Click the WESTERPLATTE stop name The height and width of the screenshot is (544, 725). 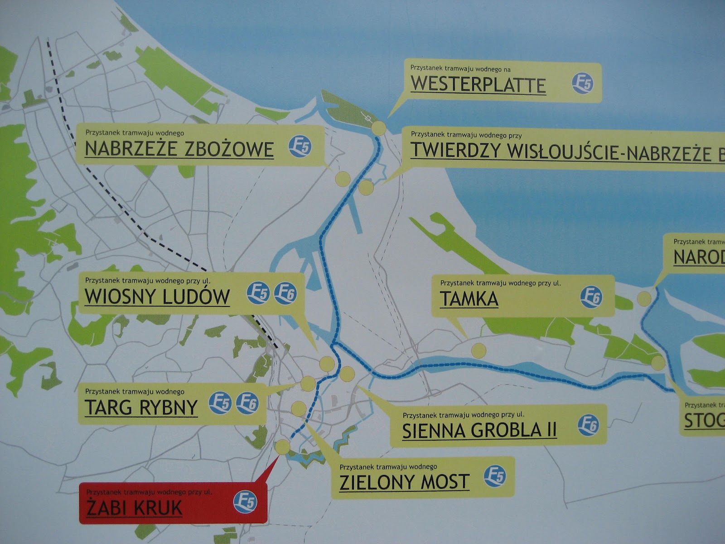[478, 85]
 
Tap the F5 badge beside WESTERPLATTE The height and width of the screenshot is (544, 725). [582, 83]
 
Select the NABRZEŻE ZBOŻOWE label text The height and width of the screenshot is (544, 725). [179, 149]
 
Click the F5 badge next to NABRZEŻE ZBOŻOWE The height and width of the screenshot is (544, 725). [300, 146]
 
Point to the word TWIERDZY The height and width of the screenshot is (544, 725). [456, 151]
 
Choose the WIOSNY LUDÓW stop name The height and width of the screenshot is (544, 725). [157, 296]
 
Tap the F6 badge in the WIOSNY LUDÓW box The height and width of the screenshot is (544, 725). [285, 293]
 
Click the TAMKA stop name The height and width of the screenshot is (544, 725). [469, 299]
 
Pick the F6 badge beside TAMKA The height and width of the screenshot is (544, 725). [591, 297]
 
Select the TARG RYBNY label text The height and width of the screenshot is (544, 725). [141, 407]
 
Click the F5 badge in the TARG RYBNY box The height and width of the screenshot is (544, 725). [220, 403]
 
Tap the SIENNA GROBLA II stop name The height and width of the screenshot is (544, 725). [479, 430]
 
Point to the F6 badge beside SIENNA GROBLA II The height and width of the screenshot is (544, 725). [588, 425]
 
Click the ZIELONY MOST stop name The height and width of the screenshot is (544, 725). [404, 482]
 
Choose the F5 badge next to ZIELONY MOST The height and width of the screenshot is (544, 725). [495, 476]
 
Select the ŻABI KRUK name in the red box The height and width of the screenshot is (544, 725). [134, 508]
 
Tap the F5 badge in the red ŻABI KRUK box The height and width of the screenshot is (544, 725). [245, 502]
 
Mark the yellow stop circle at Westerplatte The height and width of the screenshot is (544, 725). [379, 128]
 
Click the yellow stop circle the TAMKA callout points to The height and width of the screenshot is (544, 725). [478, 350]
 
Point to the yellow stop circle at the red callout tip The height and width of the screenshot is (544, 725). [282, 447]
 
